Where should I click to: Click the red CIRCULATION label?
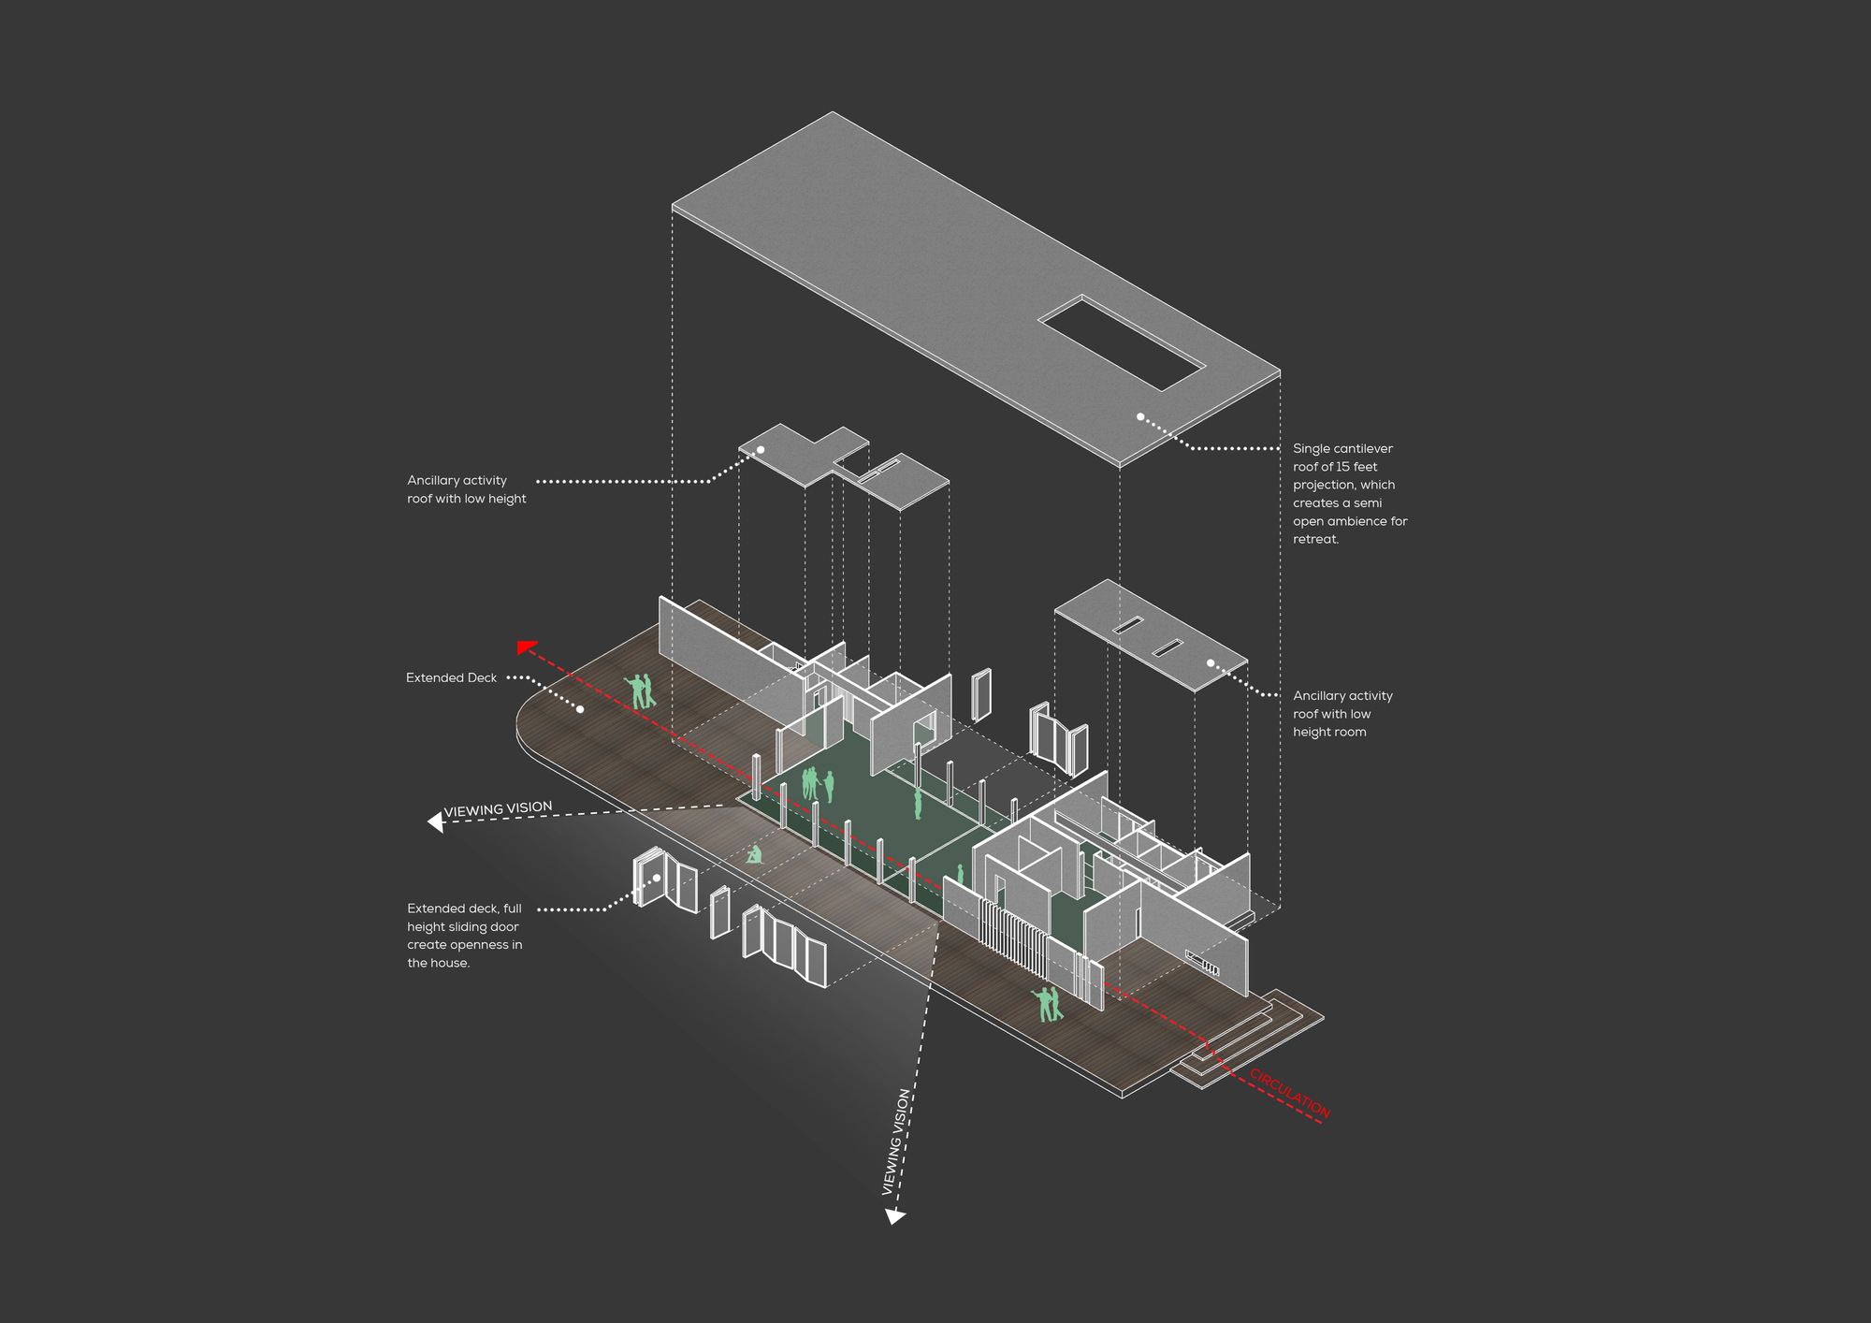(x=1290, y=1092)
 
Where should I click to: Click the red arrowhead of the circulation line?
(x=527, y=647)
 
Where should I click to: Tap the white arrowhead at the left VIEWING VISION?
(x=435, y=821)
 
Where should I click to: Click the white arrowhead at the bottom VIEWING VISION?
(x=895, y=1215)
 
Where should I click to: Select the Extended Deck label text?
(x=451, y=677)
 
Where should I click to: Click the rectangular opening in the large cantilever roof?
(x=1121, y=342)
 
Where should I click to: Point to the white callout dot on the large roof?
(x=1140, y=416)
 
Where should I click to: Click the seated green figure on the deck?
(x=754, y=854)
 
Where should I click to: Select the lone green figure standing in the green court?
(x=918, y=803)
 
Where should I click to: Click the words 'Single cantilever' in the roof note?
(x=1342, y=449)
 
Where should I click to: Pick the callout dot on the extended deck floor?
(x=580, y=709)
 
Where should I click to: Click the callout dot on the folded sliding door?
(x=658, y=878)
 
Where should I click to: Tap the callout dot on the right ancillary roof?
(x=1211, y=662)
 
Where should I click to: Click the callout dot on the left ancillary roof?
(x=761, y=450)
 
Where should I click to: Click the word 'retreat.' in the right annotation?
(x=1315, y=539)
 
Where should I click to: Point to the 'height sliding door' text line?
(x=462, y=926)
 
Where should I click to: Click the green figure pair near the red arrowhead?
(x=641, y=691)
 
